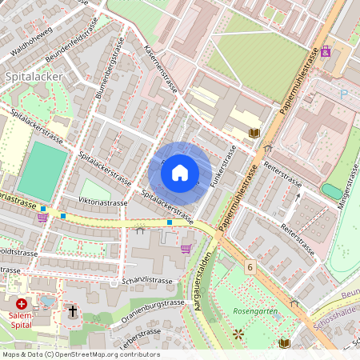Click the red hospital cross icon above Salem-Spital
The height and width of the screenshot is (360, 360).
[x=22, y=304]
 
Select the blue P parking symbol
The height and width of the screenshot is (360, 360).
[x=345, y=94]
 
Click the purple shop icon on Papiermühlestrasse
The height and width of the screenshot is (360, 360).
[x=325, y=52]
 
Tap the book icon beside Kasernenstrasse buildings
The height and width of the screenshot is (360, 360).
[x=254, y=133]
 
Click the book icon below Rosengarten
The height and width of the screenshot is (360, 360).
[x=284, y=343]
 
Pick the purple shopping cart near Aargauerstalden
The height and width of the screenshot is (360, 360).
[x=186, y=249]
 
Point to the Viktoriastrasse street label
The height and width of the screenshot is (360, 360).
[x=102, y=202]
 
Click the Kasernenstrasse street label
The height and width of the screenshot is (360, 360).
[x=158, y=71]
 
